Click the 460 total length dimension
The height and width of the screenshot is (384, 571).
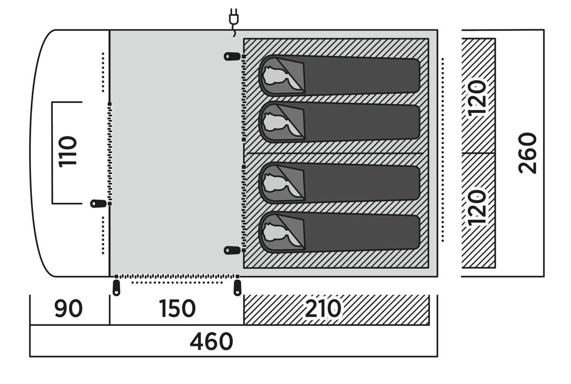pyautogui.click(x=211, y=342)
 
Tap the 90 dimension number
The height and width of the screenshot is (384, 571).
pyautogui.click(x=68, y=309)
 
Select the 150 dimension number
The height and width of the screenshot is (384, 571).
pyautogui.click(x=177, y=309)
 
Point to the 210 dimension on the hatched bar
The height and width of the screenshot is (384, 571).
pyautogui.click(x=323, y=309)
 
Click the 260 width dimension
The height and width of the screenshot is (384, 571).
pyautogui.click(x=528, y=153)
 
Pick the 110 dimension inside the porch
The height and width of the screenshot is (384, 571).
pyautogui.click(x=68, y=152)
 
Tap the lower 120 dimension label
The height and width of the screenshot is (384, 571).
pyautogui.click(x=477, y=208)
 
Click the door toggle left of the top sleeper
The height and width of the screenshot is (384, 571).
pyautogui.click(x=233, y=57)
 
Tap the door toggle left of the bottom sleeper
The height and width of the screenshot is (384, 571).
pyautogui.click(x=233, y=250)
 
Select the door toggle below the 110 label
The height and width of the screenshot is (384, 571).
pyautogui.click(x=98, y=204)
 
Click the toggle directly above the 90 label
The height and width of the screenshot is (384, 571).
pyautogui.click(x=116, y=287)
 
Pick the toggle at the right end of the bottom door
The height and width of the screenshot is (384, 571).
pyautogui.click(x=237, y=287)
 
